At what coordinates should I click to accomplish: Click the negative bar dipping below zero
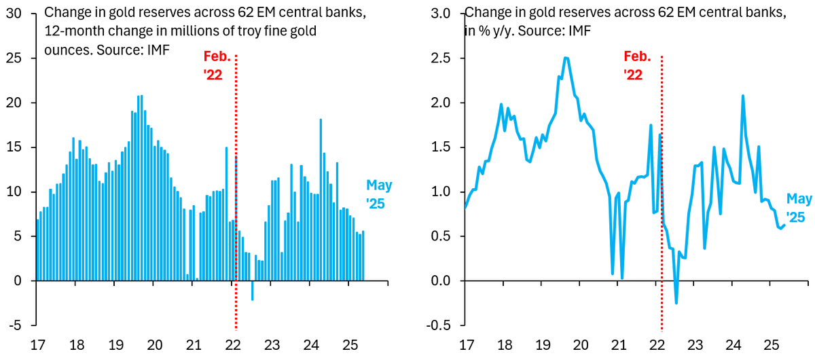[x=253, y=290]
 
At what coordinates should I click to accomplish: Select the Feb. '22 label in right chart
[x=638, y=66]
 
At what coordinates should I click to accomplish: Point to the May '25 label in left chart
[x=379, y=194]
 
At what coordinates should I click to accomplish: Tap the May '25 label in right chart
[x=799, y=208]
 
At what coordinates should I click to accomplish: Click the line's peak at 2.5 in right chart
[x=566, y=58]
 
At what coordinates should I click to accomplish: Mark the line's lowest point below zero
[x=676, y=303]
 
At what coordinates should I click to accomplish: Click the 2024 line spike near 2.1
[x=742, y=96]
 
